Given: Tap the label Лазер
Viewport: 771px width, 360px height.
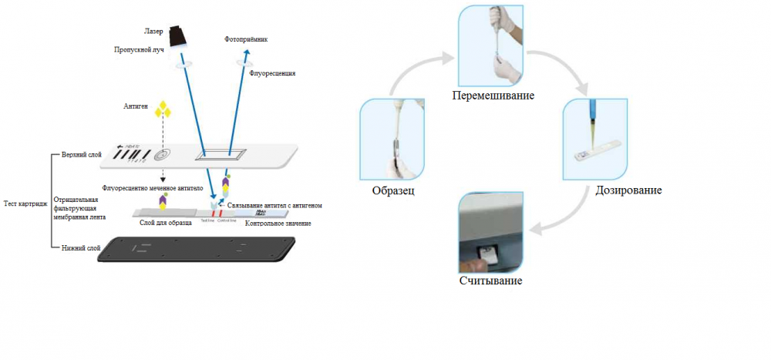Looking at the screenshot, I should pyautogui.click(x=153, y=32).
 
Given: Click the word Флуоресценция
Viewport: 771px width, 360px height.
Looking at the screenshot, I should pyautogui.click(x=272, y=73).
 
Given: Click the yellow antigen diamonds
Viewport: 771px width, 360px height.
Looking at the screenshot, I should pyautogui.click(x=163, y=109).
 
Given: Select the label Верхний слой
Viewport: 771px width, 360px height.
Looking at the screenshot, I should pyautogui.click(x=81, y=155).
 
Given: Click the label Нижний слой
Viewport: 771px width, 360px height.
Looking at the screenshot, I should pyautogui.click(x=79, y=248).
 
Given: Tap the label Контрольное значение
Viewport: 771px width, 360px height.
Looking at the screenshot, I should pyautogui.click(x=278, y=224).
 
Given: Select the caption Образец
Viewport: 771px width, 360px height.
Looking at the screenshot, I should pyautogui.click(x=393, y=190).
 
